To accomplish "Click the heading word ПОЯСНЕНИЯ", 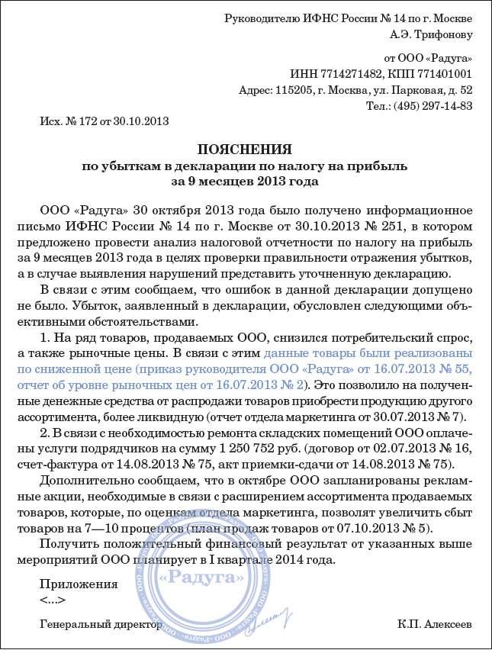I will tap(245, 149).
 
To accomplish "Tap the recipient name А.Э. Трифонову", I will tap(431, 34).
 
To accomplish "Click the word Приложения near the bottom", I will tap(79, 584).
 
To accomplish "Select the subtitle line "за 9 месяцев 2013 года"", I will tap(245, 182).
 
